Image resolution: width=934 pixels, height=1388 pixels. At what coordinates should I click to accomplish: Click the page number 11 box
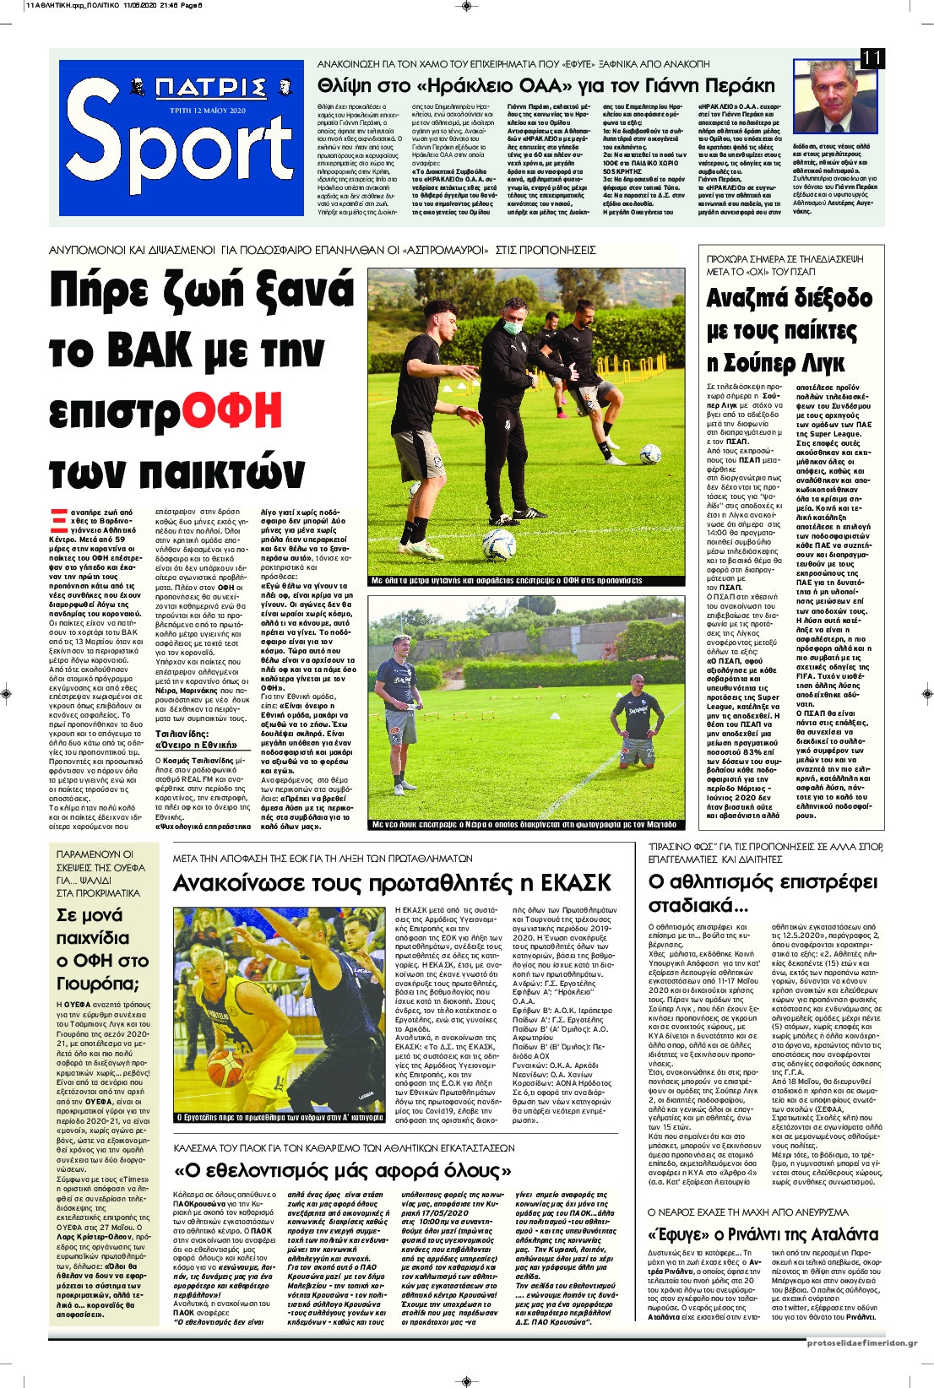coord(872,58)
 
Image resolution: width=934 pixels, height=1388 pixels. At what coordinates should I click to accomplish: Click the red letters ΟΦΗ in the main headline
coord(233,410)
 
